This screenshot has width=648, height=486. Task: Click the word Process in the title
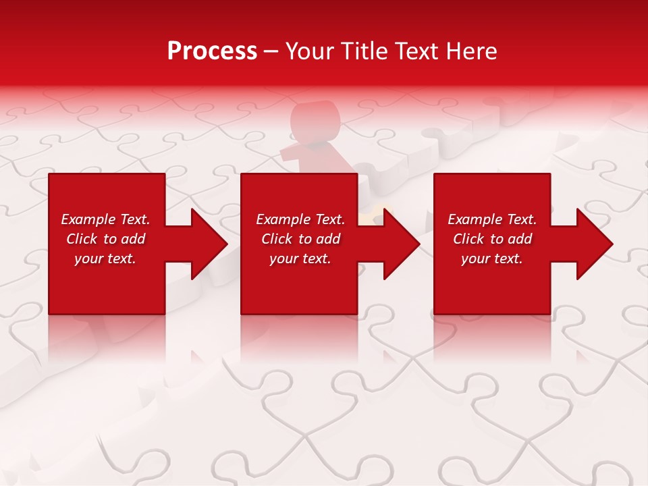pos(212,51)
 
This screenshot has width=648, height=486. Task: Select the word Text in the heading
pos(416,51)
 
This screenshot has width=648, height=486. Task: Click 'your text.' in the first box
pos(105,259)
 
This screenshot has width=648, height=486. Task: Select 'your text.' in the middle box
pos(300,259)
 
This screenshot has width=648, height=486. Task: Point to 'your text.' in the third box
pos(492,259)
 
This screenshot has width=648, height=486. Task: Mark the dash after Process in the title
pos(271,52)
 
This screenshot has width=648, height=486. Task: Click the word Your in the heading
pos(308,51)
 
